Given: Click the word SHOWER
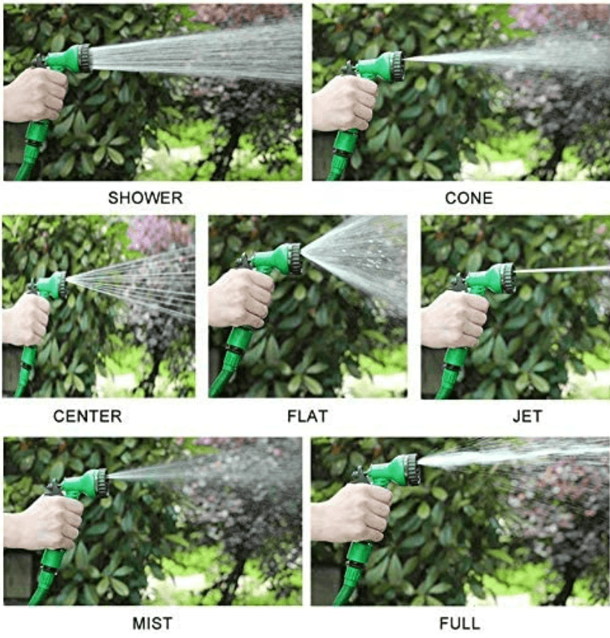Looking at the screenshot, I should point(145,198).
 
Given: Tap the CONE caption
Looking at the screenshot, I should point(469,198).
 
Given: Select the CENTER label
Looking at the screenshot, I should point(88,416).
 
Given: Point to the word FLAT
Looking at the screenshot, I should point(307,416).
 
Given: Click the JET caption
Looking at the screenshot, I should point(527,416).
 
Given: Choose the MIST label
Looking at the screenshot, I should point(152,622).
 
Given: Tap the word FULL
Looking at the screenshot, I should point(460,622).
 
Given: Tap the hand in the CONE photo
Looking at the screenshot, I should point(344,103).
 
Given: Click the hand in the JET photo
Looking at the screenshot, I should point(454,318).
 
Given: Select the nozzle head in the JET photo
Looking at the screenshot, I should point(506,277).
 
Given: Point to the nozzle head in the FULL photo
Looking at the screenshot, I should point(411,470).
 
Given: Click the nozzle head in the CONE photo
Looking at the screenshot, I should point(395,65).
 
